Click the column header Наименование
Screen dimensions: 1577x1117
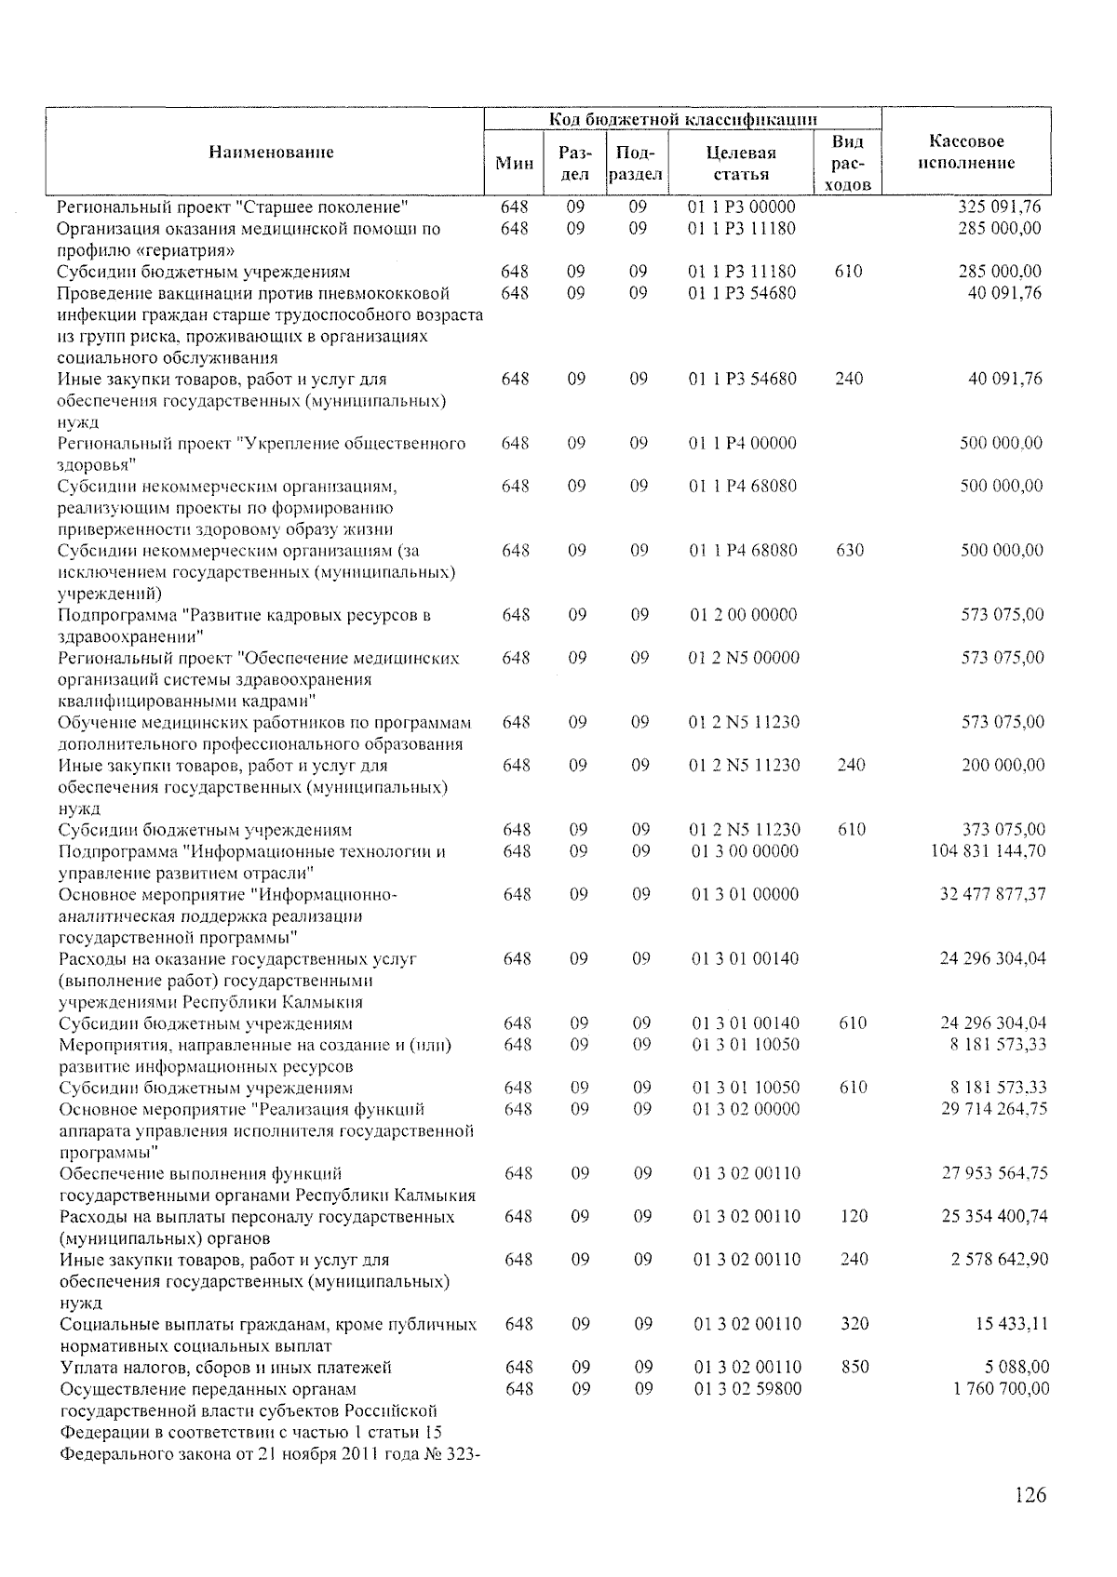pyautogui.click(x=271, y=152)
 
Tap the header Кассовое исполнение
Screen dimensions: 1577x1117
pyautogui.click(x=966, y=153)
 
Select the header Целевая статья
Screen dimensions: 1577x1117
pyautogui.click(x=741, y=163)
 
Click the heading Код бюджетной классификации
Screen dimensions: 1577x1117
pyautogui.click(x=683, y=119)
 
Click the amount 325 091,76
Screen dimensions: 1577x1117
pyautogui.click(x=1000, y=207)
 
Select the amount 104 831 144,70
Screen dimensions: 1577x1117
pyautogui.click(x=988, y=851)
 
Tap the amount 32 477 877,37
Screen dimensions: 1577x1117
pyautogui.click(x=992, y=894)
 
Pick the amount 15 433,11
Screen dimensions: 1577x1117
pyautogui.click(x=1011, y=1324)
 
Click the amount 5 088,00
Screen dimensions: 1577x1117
pyautogui.click(x=1016, y=1367)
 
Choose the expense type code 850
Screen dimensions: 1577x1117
pyautogui.click(x=855, y=1367)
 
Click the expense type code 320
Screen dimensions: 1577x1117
pyautogui.click(x=855, y=1324)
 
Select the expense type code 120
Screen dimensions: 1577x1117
pyautogui.click(x=854, y=1217)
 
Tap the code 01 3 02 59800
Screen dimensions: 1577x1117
pyautogui.click(x=747, y=1388)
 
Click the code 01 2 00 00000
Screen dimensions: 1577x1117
pyautogui.click(x=744, y=615)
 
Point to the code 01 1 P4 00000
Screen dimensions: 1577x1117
pyautogui.click(x=743, y=443)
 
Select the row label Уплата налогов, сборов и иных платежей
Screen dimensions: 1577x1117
pyautogui.click(x=225, y=1367)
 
